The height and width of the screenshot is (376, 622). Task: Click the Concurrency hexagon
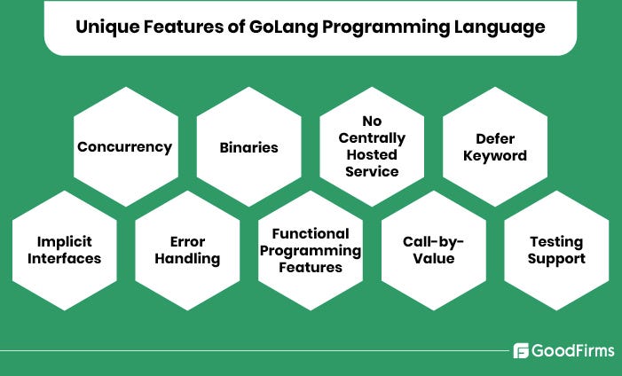click(124, 146)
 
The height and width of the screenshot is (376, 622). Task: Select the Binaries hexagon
click(248, 146)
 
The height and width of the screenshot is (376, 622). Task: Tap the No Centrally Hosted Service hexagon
click(372, 146)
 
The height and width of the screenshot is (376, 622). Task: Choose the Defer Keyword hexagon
click(494, 146)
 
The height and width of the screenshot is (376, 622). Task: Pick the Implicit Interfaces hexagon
click(64, 250)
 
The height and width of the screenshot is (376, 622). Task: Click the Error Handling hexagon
click(187, 250)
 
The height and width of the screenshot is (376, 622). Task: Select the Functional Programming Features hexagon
click(310, 250)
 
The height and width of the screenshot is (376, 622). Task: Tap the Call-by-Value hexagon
click(434, 250)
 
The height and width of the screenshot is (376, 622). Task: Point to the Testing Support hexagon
click(556, 250)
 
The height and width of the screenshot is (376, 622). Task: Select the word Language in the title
click(502, 27)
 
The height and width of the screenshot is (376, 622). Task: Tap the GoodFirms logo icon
click(521, 350)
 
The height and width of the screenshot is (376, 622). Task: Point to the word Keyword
click(494, 156)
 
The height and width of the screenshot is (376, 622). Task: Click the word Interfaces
click(64, 259)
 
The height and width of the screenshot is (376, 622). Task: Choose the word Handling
click(187, 259)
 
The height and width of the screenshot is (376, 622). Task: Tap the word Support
click(556, 259)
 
